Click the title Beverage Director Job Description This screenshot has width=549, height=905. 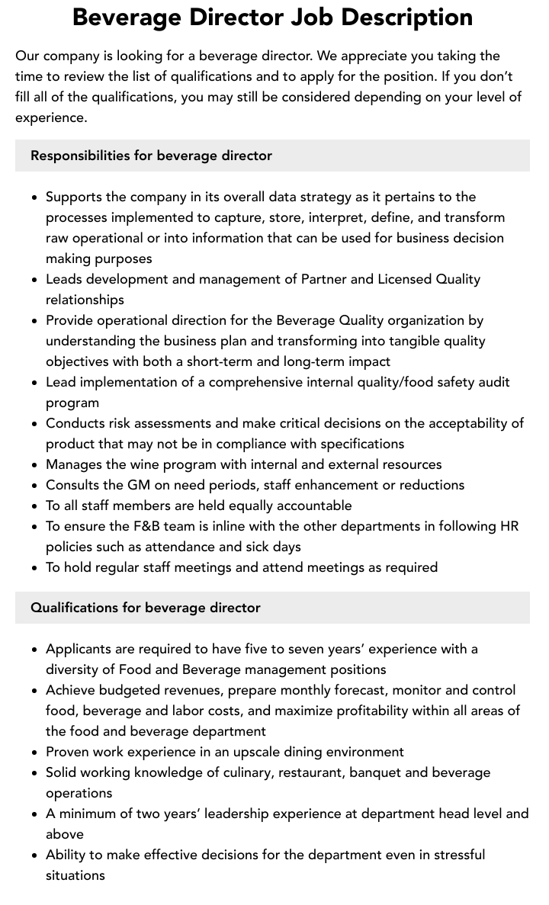tap(272, 17)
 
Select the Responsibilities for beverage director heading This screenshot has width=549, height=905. tap(151, 156)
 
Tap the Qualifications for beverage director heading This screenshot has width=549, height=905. tap(146, 608)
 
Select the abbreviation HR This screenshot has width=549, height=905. tap(509, 526)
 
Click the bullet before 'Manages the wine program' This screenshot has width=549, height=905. tap(35, 465)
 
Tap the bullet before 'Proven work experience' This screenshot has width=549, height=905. tap(35, 753)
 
